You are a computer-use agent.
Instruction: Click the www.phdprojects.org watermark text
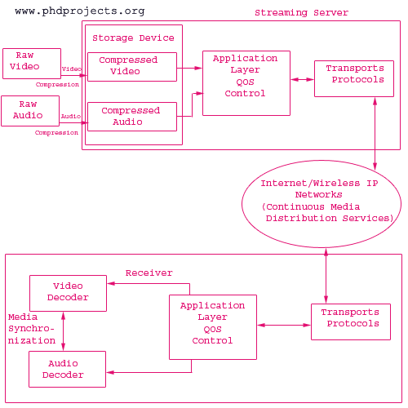coord(80,11)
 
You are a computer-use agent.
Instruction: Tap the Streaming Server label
coord(301,13)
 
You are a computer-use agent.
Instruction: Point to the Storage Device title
coord(133,38)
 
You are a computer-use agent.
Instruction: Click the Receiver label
coord(149,273)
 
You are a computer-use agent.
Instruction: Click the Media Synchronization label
coord(32,329)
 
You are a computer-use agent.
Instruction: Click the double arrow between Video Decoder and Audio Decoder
coord(63,331)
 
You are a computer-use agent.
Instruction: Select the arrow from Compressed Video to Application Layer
coord(189,68)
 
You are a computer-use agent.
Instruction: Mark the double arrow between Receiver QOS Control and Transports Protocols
coord(284,325)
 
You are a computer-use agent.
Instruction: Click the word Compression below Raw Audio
coord(56,133)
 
